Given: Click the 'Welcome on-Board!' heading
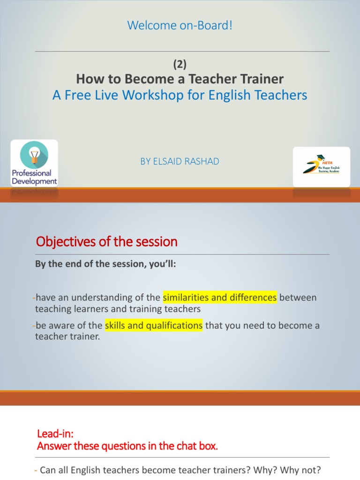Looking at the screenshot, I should click(x=180, y=26).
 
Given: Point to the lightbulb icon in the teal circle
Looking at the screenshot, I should click(x=34, y=155).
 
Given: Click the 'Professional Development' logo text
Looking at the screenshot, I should click(x=34, y=177).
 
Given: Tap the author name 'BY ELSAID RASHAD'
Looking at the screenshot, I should click(x=180, y=161).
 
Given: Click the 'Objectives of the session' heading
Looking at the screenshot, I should click(x=107, y=242).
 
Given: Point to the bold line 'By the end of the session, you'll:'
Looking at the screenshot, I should click(x=105, y=264).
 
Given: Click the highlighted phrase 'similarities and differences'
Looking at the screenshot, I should click(x=220, y=298).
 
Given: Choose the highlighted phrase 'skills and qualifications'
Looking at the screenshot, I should click(x=154, y=326).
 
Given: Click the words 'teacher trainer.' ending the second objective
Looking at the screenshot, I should click(x=68, y=337).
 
